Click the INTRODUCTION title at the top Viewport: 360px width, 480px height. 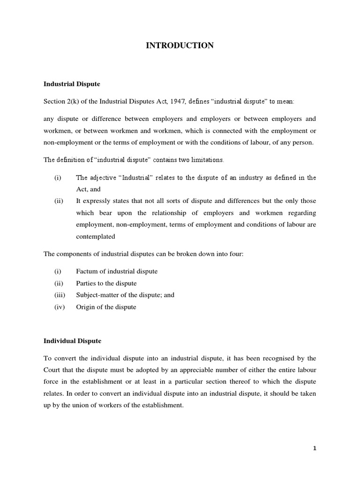point(180,45)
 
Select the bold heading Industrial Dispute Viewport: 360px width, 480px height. point(72,84)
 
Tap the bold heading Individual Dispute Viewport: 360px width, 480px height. point(72,341)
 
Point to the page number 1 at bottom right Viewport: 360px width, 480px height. point(315,448)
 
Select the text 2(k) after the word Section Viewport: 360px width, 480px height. point(75,102)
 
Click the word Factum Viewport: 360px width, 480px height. point(87,271)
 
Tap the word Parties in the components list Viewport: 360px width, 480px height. point(87,283)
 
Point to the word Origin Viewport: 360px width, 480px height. point(86,307)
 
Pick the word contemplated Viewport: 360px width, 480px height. point(95,236)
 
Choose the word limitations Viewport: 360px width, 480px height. point(205,160)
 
